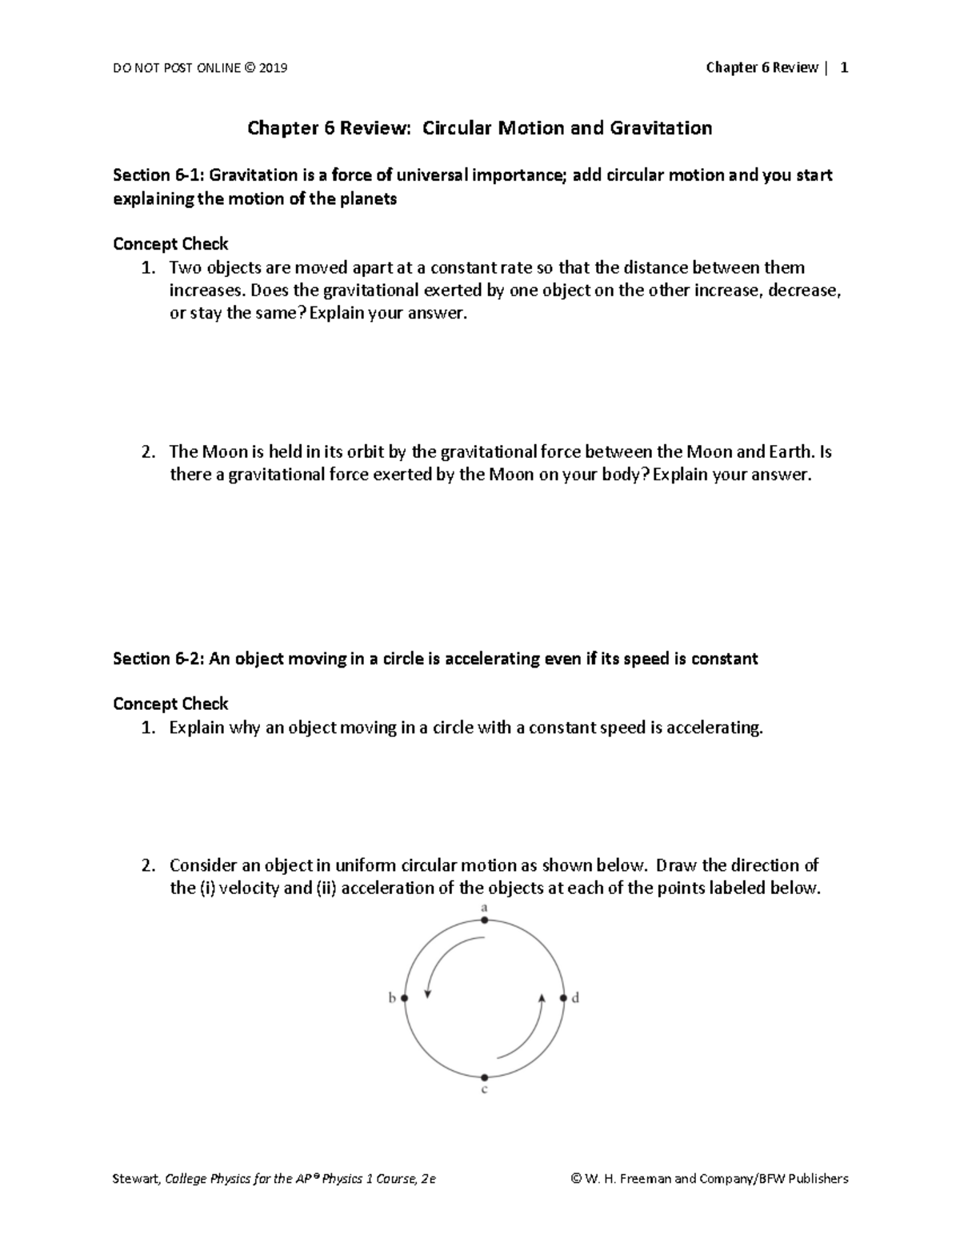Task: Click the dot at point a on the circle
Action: (x=484, y=920)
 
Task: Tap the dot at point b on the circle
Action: (x=405, y=998)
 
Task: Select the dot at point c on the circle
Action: (x=484, y=1078)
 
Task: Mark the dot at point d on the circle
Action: (x=563, y=998)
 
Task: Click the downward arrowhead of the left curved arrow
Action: (x=428, y=994)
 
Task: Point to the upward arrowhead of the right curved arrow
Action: (x=542, y=997)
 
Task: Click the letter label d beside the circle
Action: (x=575, y=998)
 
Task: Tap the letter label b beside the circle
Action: (x=392, y=998)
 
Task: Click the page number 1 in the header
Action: (x=844, y=68)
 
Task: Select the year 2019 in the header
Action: (x=273, y=68)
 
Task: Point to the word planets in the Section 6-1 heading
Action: (x=367, y=199)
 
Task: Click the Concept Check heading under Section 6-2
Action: (x=170, y=704)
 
